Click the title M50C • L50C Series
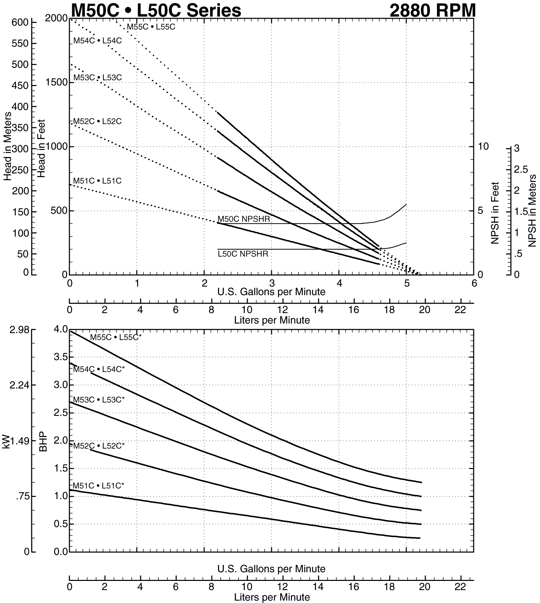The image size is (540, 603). (x=156, y=10)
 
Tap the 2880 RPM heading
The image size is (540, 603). (x=432, y=10)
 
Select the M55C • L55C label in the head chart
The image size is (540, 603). (x=151, y=27)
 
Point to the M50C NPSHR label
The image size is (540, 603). (x=244, y=219)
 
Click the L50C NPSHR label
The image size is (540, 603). (x=243, y=254)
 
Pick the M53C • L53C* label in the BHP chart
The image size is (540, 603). (x=99, y=400)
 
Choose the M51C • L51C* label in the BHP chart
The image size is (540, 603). (x=98, y=486)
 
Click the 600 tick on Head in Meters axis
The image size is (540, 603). (x=20, y=22)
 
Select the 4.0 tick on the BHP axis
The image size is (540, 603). (x=61, y=329)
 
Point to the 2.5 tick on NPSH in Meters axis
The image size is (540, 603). (x=521, y=169)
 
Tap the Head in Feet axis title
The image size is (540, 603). (x=41, y=148)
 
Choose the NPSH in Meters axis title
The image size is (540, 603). (x=532, y=211)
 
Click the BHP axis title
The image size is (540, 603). (x=43, y=441)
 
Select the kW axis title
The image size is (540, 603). (x=6, y=441)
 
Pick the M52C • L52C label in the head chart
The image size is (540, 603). (x=98, y=121)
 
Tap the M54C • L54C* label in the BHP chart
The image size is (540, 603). (x=99, y=369)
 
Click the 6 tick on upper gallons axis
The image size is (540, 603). (x=474, y=283)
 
